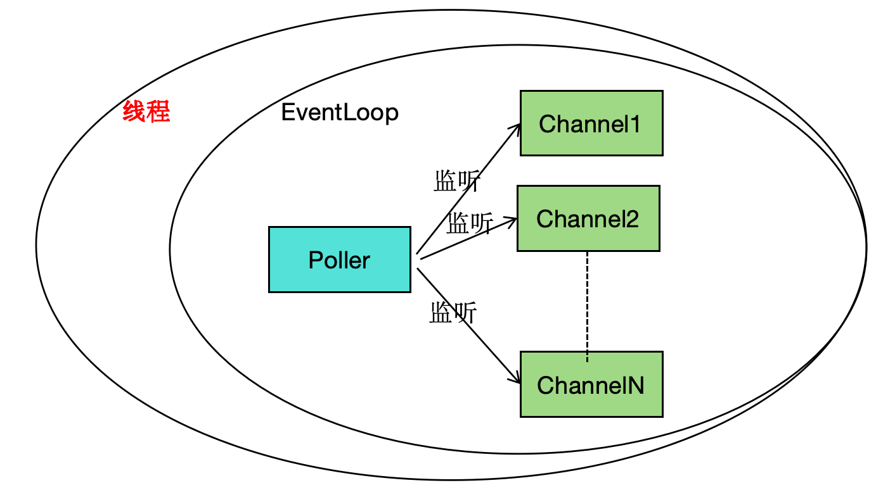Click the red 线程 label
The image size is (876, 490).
tap(146, 113)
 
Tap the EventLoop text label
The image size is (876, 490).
tap(340, 113)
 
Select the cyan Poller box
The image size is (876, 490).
tap(339, 260)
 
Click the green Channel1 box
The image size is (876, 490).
tap(591, 123)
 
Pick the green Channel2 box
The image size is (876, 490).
tap(588, 218)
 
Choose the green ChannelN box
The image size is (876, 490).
tap(591, 384)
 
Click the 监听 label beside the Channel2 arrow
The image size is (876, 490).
tap(470, 223)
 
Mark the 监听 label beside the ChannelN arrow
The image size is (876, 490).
tap(453, 313)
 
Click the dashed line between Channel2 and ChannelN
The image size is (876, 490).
tap(588, 304)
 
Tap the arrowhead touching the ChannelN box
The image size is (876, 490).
tap(516, 379)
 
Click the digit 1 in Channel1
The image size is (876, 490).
tap(636, 123)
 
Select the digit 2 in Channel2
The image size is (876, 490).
tap(632, 219)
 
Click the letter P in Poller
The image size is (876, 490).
tap(315, 260)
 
